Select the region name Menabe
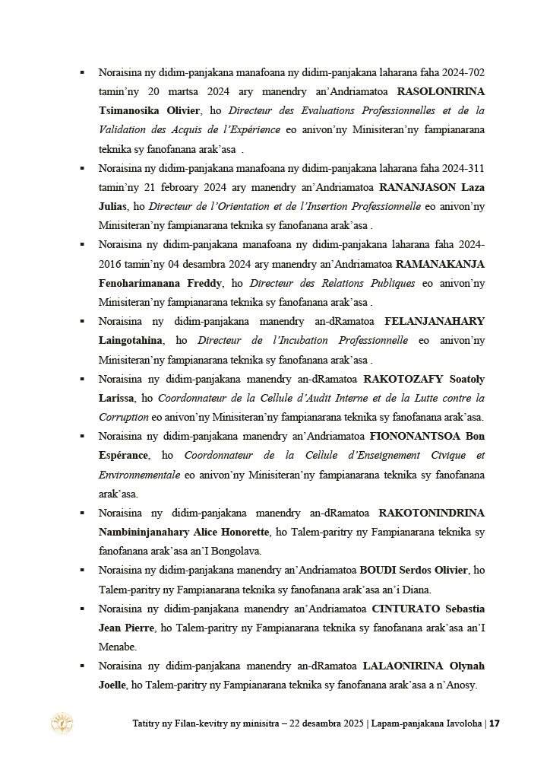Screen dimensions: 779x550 pos(117,647)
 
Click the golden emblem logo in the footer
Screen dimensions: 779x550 pos(62,723)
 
